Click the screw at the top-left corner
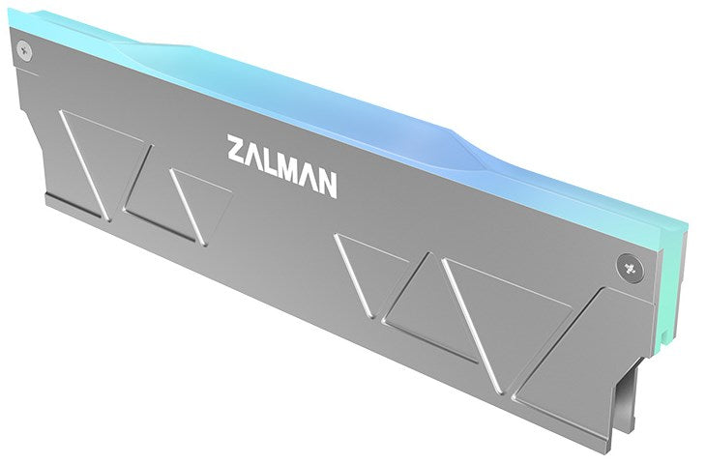point(24,51)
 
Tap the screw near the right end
point(630,268)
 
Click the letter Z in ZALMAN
point(237,149)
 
